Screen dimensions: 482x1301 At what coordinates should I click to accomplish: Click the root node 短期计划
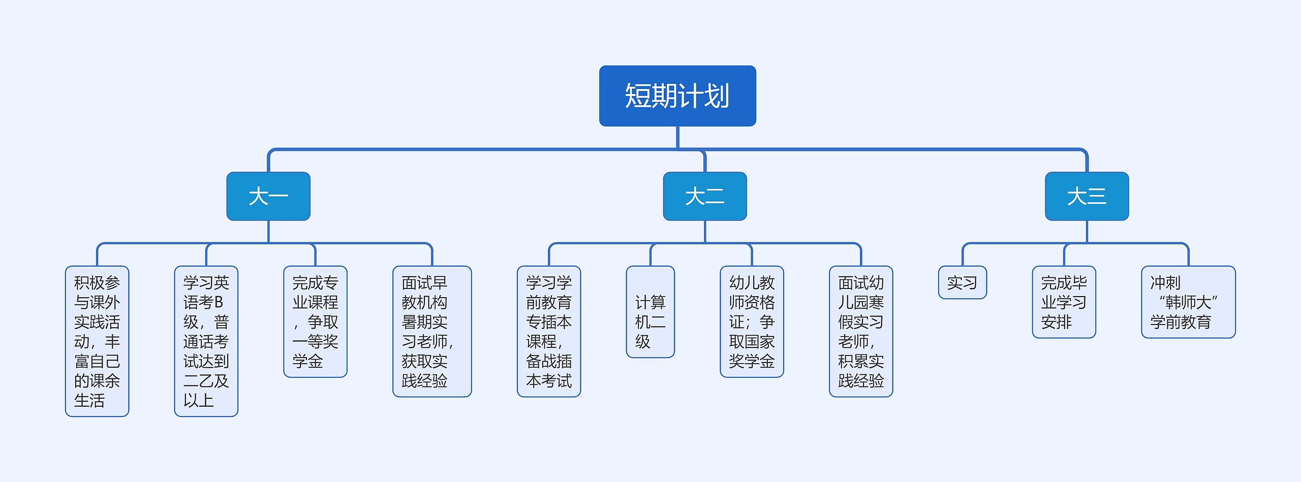click(677, 95)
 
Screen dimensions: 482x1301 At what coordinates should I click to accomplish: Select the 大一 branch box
click(268, 196)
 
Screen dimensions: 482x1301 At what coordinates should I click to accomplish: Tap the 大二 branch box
click(704, 196)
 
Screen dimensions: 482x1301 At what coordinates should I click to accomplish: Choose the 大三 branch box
click(1087, 196)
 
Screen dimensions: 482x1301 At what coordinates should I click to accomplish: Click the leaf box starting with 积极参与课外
click(97, 341)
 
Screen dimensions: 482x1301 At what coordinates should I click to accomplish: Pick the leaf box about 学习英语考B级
click(206, 341)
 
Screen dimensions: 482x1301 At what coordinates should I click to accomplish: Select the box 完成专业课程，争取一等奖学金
click(315, 322)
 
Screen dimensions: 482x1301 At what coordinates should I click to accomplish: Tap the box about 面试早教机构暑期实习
click(432, 331)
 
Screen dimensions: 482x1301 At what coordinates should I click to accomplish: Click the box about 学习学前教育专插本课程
click(549, 331)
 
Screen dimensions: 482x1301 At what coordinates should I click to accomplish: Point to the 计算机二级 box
click(650, 312)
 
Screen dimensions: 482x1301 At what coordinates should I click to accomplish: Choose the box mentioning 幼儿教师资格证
click(752, 322)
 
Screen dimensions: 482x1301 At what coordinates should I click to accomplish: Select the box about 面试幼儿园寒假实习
click(861, 331)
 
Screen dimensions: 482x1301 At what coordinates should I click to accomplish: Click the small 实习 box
click(962, 282)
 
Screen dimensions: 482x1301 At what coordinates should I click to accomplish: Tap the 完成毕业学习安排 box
click(1064, 302)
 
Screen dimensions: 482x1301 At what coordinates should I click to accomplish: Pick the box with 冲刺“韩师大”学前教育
click(1188, 302)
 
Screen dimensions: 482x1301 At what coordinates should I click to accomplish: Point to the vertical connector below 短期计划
click(677, 137)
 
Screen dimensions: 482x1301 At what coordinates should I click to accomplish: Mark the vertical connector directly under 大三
click(1087, 232)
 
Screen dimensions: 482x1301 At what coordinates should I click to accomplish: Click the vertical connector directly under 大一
click(268, 232)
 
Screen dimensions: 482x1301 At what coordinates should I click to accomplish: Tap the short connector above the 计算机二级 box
click(650, 255)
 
